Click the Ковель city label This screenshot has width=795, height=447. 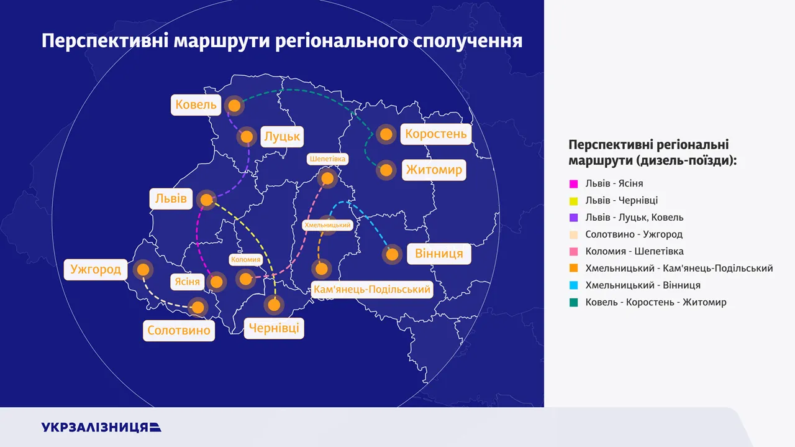tap(196, 105)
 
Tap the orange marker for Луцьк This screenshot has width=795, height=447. tap(247, 136)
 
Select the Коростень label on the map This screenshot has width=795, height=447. tap(436, 134)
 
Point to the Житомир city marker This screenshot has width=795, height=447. tap(386, 170)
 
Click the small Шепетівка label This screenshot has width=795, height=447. tap(327, 159)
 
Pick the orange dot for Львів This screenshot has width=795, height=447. tap(206, 200)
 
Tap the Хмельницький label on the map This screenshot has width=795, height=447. tap(327, 225)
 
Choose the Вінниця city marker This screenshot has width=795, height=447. tap(392, 254)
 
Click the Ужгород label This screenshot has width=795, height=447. tap(96, 269)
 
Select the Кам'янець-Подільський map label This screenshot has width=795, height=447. tap(371, 289)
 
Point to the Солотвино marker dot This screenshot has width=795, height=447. tap(198, 307)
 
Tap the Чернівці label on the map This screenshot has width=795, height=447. tap(274, 328)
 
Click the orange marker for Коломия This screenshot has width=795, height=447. tap(245, 279)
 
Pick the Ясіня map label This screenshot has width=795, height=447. tap(187, 282)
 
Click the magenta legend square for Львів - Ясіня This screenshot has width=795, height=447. tap(573, 183)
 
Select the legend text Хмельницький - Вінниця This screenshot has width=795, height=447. tap(643, 285)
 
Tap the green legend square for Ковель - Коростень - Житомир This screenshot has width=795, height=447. tap(573, 302)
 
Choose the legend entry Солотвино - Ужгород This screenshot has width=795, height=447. tap(634, 234)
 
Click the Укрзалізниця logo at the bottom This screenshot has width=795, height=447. tap(101, 427)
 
